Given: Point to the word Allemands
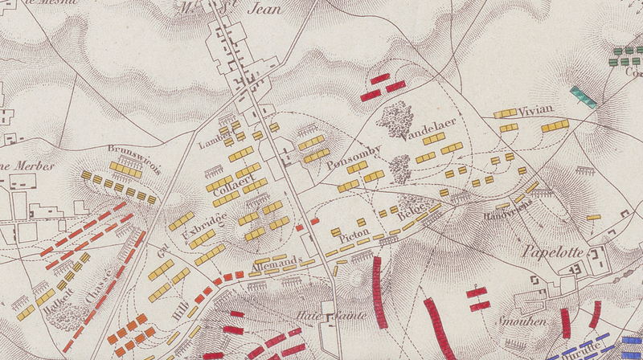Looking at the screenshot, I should coord(275,260).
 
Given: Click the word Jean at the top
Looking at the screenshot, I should coord(267,10).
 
